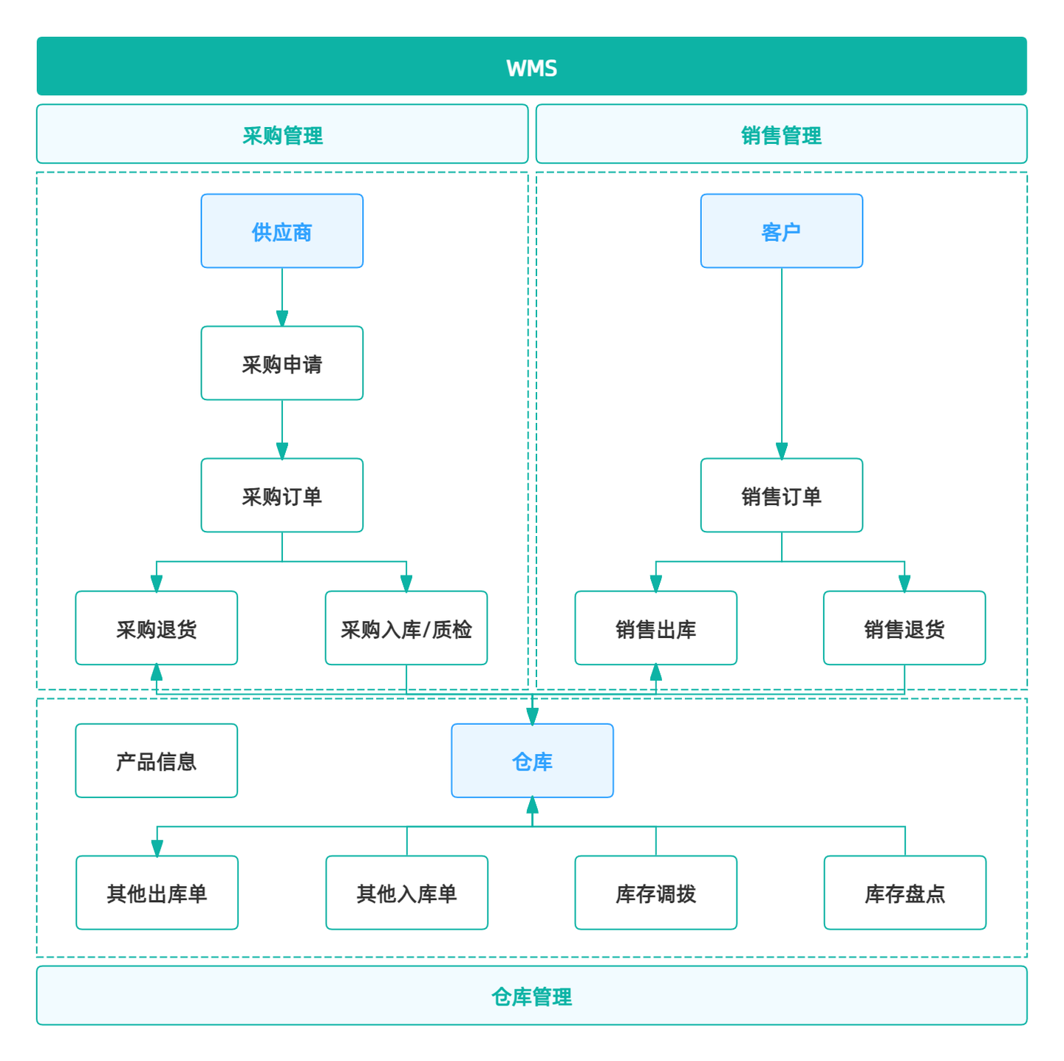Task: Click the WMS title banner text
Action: (x=531, y=68)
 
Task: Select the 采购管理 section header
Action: (x=282, y=135)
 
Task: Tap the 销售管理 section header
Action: (x=781, y=135)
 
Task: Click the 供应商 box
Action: (x=282, y=232)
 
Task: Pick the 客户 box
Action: (x=781, y=232)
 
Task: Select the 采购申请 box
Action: (x=282, y=364)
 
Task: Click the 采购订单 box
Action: (x=282, y=496)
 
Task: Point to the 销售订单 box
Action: (x=781, y=496)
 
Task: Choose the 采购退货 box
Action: (x=156, y=629)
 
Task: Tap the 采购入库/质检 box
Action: (x=406, y=629)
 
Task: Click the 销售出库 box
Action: (x=655, y=629)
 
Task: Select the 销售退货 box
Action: (x=904, y=629)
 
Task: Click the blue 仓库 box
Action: (x=532, y=761)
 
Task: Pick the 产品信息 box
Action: (x=156, y=761)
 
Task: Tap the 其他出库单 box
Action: (x=157, y=893)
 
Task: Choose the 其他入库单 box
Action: (x=406, y=893)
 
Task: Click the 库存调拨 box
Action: (x=655, y=893)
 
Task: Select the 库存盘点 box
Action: (x=904, y=893)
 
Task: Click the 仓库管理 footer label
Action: (x=531, y=996)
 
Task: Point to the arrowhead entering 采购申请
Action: (x=282, y=319)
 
